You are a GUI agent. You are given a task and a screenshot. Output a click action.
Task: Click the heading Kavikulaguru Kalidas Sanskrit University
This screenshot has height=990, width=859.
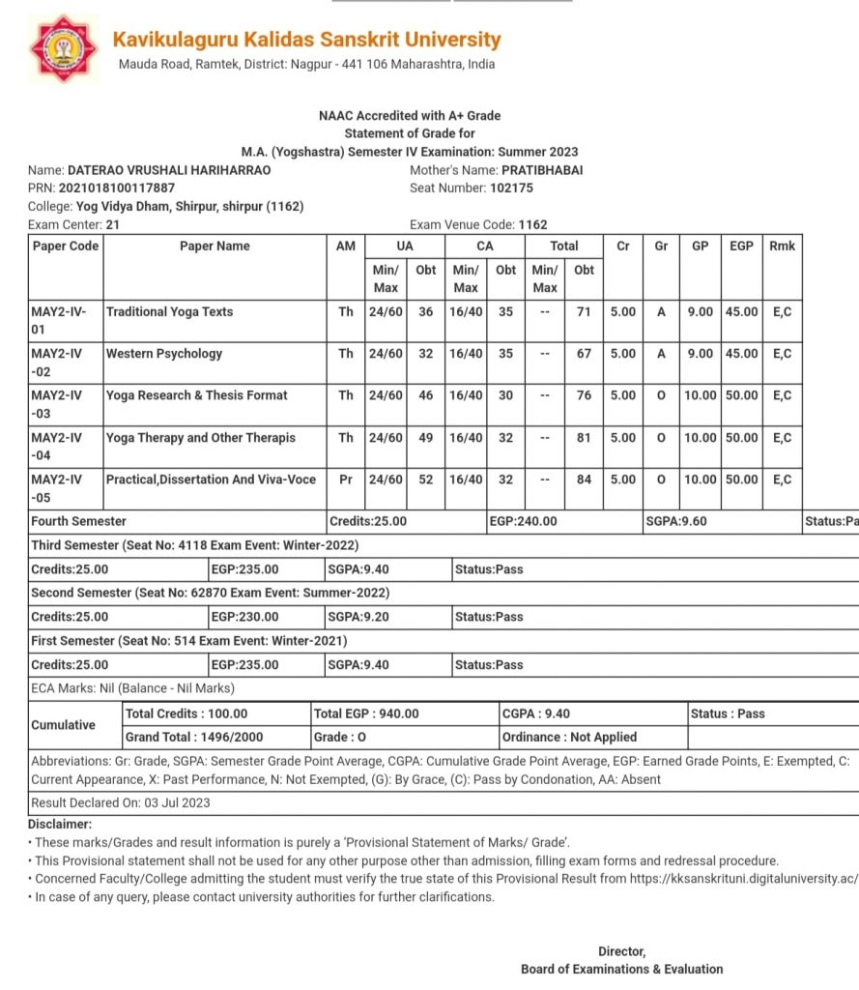(x=306, y=40)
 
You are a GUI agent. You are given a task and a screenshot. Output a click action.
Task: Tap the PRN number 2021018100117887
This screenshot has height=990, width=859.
(x=117, y=188)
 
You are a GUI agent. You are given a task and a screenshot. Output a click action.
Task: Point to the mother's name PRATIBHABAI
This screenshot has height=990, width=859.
(x=542, y=170)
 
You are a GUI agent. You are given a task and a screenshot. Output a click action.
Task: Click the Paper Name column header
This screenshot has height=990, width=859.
(x=215, y=247)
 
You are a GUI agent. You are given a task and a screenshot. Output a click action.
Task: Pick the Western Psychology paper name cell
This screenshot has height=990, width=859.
(x=164, y=354)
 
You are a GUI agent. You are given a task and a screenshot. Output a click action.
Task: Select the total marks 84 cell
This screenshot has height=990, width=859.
(x=584, y=480)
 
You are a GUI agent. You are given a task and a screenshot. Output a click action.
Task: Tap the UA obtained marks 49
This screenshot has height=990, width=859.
(x=425, y=438)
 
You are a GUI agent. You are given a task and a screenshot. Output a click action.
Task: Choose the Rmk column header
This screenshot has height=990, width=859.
(x=782, y=247)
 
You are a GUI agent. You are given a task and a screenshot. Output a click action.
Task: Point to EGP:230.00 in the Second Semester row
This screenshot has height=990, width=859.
(x=245, y=617)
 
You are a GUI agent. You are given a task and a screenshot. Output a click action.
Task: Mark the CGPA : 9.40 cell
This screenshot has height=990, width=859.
(x=537, y=713)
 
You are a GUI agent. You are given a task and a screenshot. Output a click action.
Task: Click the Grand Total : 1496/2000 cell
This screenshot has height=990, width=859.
(x=194, y=737)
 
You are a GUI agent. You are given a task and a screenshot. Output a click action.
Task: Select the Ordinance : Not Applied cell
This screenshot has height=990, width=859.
(x=570, y=737)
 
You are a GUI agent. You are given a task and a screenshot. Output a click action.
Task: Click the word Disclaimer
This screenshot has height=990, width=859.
(x=60, y=824)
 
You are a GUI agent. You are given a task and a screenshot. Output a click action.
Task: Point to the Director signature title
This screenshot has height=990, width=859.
(x=621, y=951)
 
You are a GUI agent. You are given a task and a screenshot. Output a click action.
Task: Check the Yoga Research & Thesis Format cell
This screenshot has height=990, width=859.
(x=197, y=395)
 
